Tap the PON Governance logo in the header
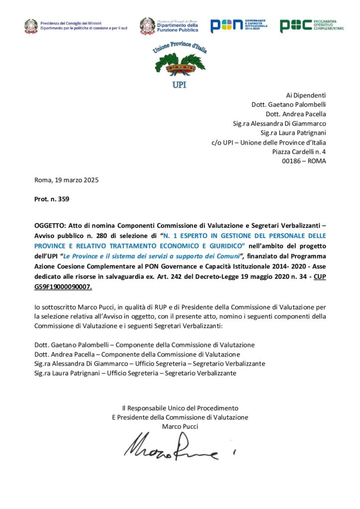(x=238, y=25)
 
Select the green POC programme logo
(x=312, y=25)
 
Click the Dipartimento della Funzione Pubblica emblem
(x=147, y=26)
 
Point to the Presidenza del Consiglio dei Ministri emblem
(x=31, y=26)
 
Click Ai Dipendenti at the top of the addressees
(x=306, y=95)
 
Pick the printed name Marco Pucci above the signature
(x=180, y=426)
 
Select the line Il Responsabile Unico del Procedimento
(x=180, y=408)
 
